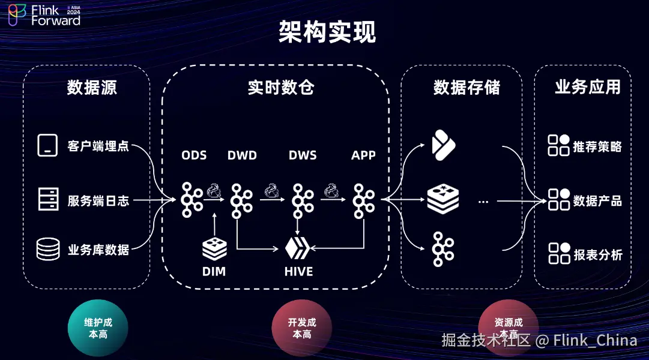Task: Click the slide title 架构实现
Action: pos(327,32)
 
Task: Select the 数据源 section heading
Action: pos(92,88)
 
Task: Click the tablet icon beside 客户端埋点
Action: pos(47,145)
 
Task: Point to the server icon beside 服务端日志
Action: pos(48,199)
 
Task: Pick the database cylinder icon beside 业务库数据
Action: pos(48,249)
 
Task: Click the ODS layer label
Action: pos(194,155)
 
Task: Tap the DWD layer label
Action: pos(242,155)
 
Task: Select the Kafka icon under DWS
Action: pos(303,200)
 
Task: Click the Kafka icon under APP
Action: pos(363,200)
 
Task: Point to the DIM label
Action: pos(214,272)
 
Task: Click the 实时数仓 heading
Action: pos(281,88)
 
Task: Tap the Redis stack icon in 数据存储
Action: pos(443,200)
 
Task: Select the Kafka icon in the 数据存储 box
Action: pos(443,248)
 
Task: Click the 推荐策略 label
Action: pos(597,146)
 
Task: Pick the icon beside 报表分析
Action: pos(559,253)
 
